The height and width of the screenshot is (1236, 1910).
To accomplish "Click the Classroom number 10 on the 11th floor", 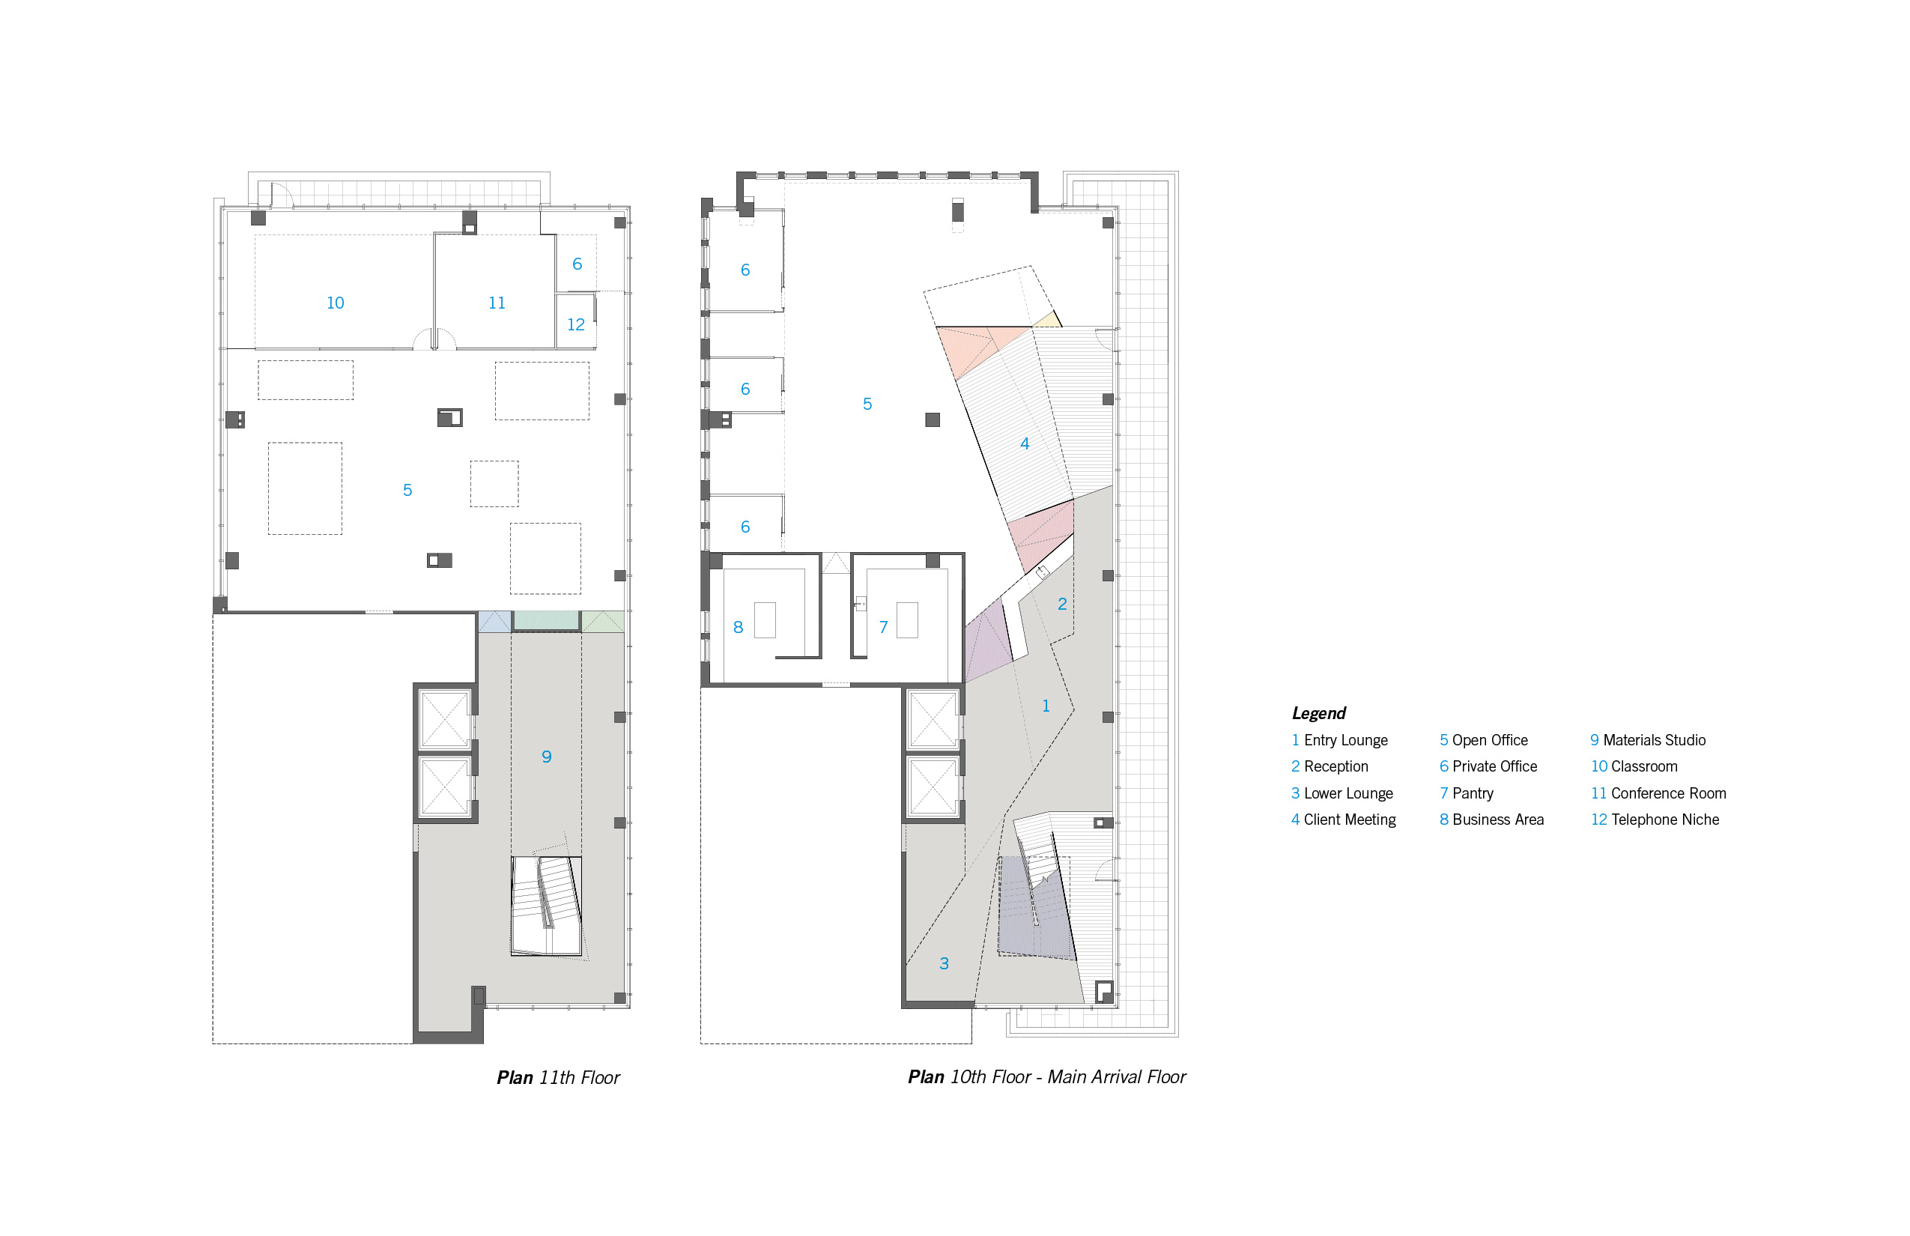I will click(336, 303).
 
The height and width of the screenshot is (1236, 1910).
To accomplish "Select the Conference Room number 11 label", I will click(497, 303).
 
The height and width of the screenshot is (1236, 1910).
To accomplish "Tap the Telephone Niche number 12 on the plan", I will click(575, 325).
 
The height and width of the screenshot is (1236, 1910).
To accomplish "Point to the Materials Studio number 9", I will click(547, 757).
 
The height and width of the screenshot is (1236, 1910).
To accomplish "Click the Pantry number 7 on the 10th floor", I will click(883, 628).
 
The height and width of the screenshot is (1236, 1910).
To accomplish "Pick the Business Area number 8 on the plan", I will click(739, 628).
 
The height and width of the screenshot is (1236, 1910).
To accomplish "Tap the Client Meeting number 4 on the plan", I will click(1025, 443).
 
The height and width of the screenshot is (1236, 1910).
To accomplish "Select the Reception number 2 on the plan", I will click(1062, 605).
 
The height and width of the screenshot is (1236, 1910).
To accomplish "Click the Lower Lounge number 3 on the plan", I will click(944, 964).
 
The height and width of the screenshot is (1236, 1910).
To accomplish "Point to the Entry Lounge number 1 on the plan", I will click(1046, 706).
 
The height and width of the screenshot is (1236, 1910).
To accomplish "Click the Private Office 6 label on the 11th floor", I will click(577, 264).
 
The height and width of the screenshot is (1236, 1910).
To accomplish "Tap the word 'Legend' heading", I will click(1318, 712).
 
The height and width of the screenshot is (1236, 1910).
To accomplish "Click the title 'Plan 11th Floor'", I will click(558, 1077).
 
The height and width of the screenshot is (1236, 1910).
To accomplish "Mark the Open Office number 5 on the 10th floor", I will click(867, 405).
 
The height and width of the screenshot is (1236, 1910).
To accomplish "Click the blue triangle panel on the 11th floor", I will click(494, 621).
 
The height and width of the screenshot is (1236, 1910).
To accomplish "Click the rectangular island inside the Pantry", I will click(907, 620).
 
